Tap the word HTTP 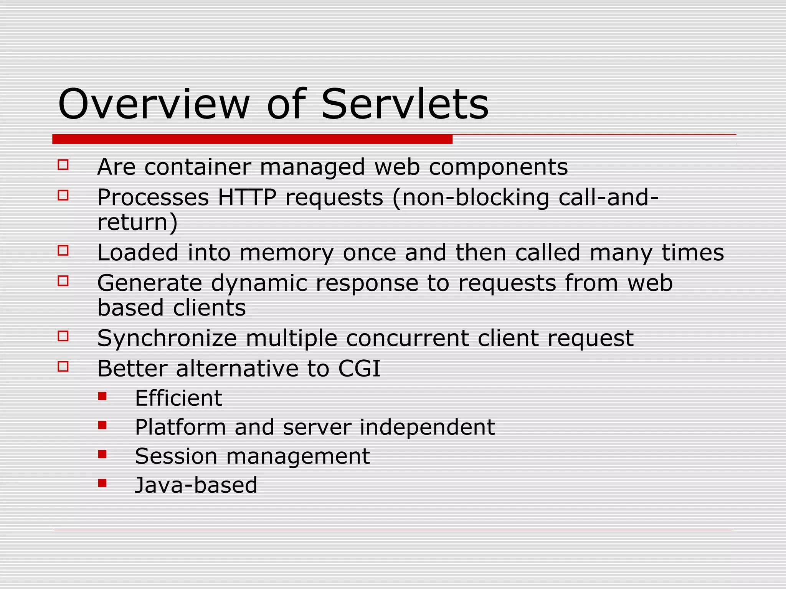[x=247, y=198]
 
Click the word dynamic [x=259, y=284]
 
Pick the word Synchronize [x=167, y=339]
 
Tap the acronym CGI [x=359, y=369]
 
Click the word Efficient [x=178, y=398]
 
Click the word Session [x=176, y=456]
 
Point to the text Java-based [x=196, y=485]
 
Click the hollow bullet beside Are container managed [x=63, y=165]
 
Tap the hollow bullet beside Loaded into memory [x=63, y=250]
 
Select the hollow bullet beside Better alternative [x=63, y=366]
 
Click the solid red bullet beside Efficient [x=102, y=396]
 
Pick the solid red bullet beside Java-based [x=102, y=483]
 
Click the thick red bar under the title [x=252, y=139]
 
